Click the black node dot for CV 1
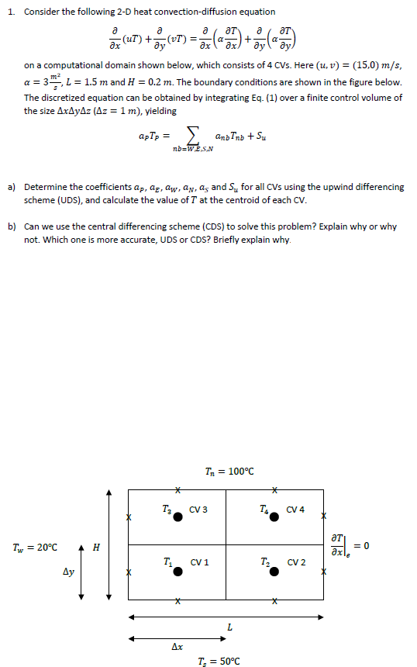click(x=178, y=571)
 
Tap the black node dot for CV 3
click(x=178, y=517)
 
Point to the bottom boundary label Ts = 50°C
click(x=224, y=661)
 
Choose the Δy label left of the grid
click(x=68, y=575)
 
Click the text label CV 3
click(x=198, y=510)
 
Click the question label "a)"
click(x=12, y=188)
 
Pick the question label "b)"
click(x=12, y=227)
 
